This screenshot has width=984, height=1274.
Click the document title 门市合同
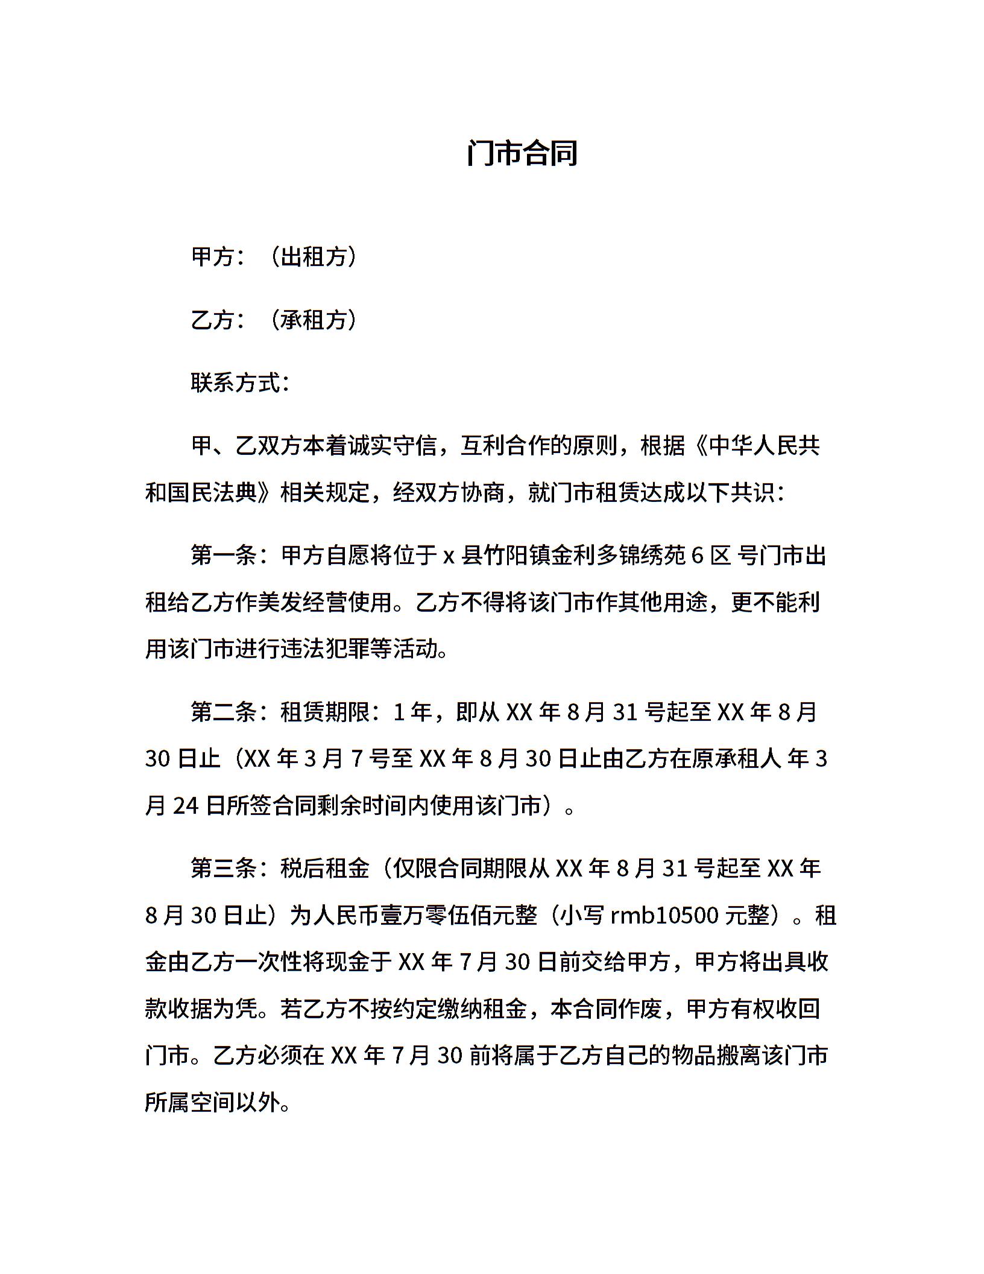click(522, 153)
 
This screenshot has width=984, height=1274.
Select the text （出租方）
click(313, 257)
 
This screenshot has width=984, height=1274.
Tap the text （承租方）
click(313, 320)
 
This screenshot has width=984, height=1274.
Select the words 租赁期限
click(325, 712)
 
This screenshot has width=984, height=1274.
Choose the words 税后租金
click(325, 869)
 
